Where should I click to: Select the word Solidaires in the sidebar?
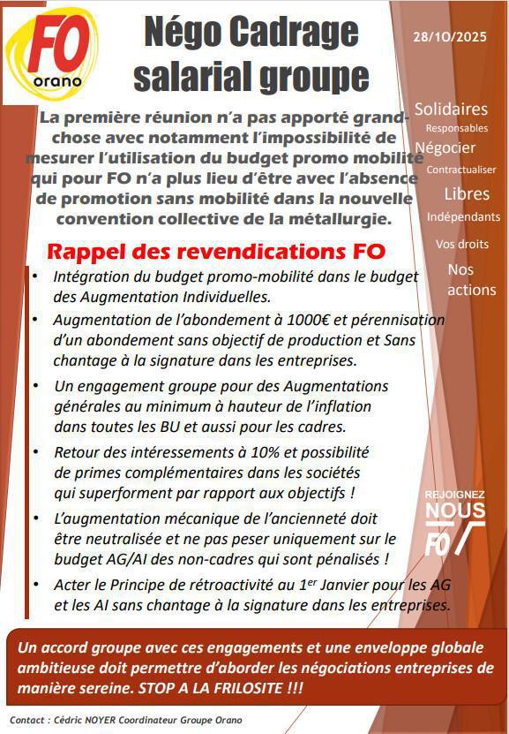pyautogui.click(x=450, y=109)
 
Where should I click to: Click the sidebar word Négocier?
pyautogui.click(x=445, y=148)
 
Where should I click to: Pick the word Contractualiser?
pyautogui.click(x=460, y=169)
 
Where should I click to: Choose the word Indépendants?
pyautogui.click(x=462, y=216)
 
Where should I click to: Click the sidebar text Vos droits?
pyautogui.click(x=460, y=244)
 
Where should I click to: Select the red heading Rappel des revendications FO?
pyautogui.click(x=216, y=252)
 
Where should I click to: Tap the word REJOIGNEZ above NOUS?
pyautogui.click(x=455, y=497)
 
